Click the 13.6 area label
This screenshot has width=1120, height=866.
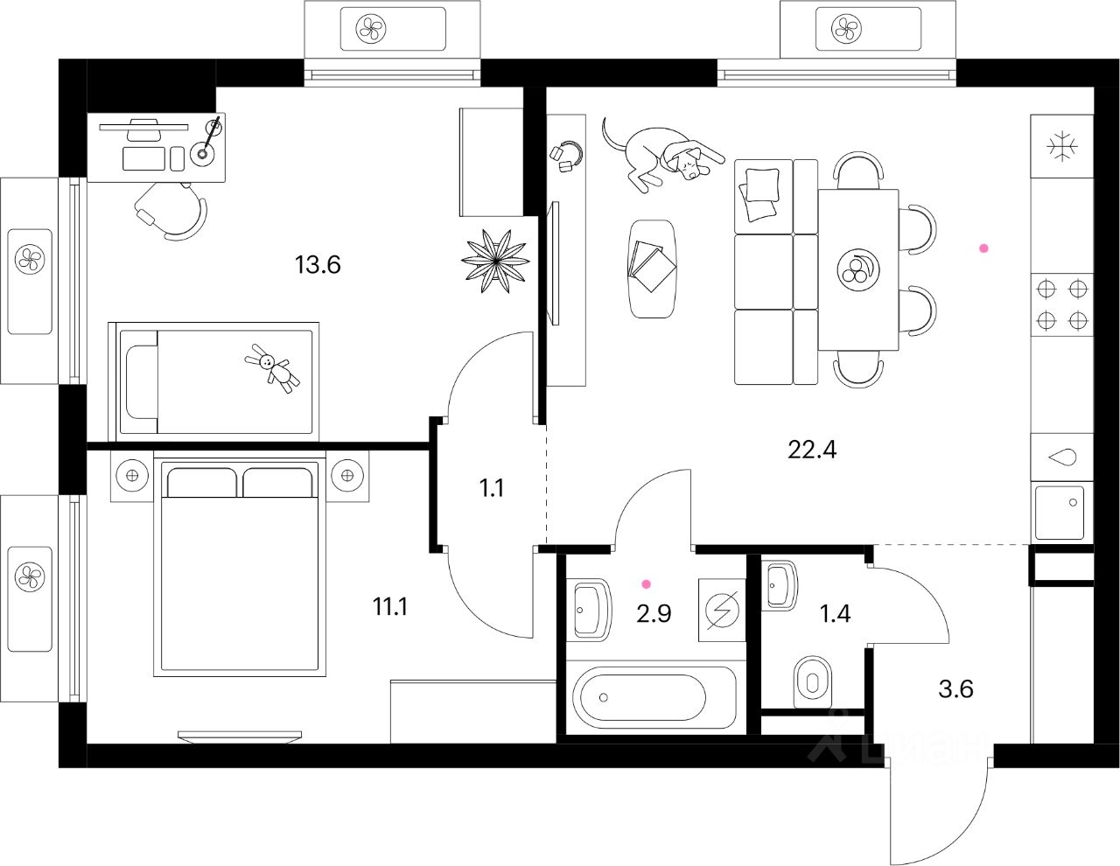click(x=318, y=264)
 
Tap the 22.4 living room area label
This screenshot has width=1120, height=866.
click(x=812, y=450)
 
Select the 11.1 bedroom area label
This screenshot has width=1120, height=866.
click(x=390, y=606)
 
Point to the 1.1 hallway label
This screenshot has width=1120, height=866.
click(x=492, y=488)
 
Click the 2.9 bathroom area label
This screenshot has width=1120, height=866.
click(x=654, y=613)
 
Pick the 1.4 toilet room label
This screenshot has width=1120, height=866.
click(x=835, y=613)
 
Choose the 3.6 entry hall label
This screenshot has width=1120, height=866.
click(x=955, y=689)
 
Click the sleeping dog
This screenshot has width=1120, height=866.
click(x=665, y=155)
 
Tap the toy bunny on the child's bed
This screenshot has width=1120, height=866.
click(x=273, y=367)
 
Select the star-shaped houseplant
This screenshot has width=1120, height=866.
click(x=495, y=260)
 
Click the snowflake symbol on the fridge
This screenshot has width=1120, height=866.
click(x=1062, y=146)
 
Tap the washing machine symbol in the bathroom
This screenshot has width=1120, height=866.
click(x=722, y=610)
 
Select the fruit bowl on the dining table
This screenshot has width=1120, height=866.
click(x=857, y=269)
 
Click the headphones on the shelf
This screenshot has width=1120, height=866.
click(x=567, y=155)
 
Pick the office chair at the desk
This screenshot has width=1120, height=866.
click(x=172, y=210)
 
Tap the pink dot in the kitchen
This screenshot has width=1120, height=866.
click(x=983, y=248)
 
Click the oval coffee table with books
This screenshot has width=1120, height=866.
click(x=652, y=268)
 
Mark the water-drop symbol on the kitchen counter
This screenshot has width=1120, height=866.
click(x=1062, y=457)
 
